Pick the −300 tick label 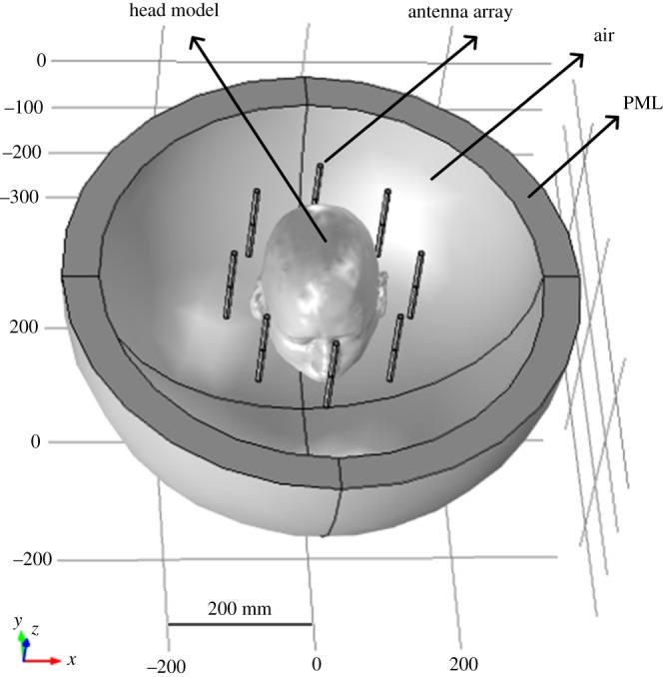(x=26, y=197)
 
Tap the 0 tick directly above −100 (x=41, y=60)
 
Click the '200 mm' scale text (x=240, y=607)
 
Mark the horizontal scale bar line (x=240, y=624)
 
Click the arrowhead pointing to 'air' (x=576, y=59)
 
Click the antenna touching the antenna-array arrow (x=319, y=181)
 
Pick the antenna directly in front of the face (x=331, y=373)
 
